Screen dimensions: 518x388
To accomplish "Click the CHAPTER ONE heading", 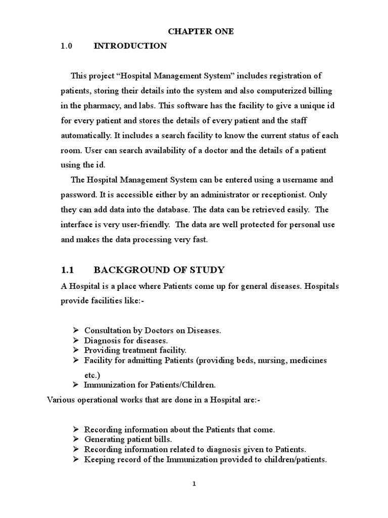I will [x=194, y=31].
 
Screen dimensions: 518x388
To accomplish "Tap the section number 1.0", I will [x=67, y=46].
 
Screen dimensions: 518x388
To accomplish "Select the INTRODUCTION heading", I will [x=130, y=46].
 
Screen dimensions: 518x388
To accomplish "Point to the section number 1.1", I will [x=68, y=269].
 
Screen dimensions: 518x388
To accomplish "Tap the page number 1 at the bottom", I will [x=194, y=484].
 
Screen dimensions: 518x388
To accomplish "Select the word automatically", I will [x=83, y=136].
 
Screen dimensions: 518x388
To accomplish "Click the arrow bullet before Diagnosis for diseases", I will [x=75, y=340].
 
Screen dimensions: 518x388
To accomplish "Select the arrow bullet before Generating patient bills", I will [x=75, y=439].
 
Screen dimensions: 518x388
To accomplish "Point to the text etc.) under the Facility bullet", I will [x=92, y=375].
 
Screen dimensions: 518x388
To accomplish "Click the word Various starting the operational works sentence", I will [x=62, y=400].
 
